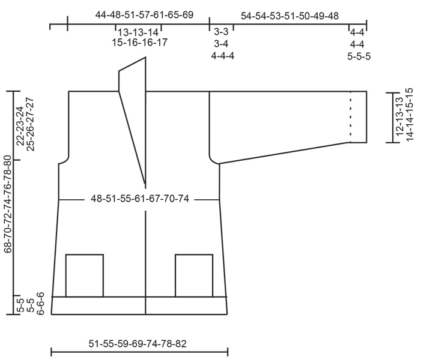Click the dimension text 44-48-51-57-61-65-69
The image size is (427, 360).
[x=144, y=14]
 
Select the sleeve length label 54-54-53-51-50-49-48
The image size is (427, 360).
[x=289, y=17]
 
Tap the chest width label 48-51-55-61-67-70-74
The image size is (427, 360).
[x=140, y=199]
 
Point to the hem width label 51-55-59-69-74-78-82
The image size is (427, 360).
[x=138, y=344]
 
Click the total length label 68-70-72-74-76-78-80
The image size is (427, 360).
[x=8, y=204]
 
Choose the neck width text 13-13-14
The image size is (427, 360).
[x=138, y=32]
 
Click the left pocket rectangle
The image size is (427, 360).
[x=84, y=275]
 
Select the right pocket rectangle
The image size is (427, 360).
[x=194, y=275]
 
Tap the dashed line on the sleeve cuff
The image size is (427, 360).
[x=350, y=117]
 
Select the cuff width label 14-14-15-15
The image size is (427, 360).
[x=410, y=115]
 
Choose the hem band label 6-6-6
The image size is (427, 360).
[x=41, y=305]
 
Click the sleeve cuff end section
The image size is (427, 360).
[x=359, y=117]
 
